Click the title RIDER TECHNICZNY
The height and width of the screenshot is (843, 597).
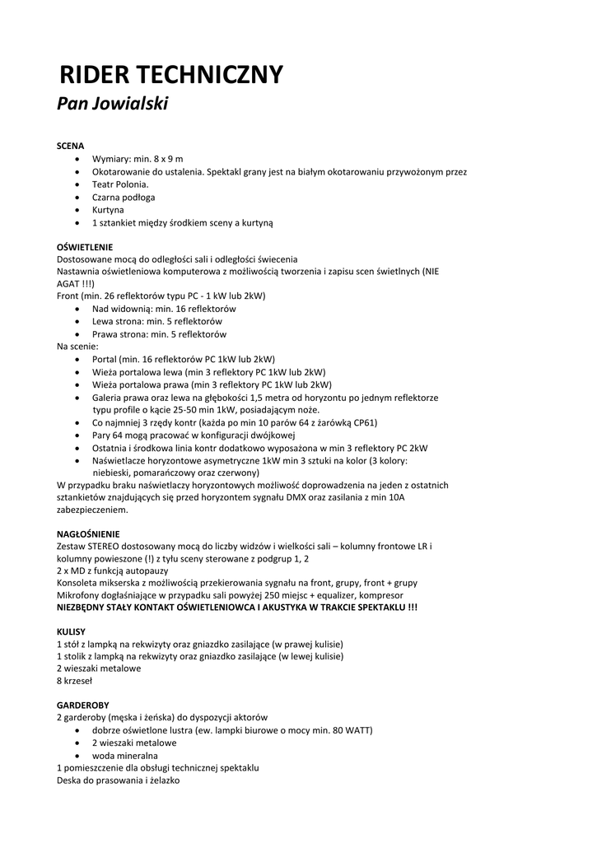171,75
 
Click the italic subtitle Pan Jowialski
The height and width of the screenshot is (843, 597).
112,104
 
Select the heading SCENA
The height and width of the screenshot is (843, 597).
71,146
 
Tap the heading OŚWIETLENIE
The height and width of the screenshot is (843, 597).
85,247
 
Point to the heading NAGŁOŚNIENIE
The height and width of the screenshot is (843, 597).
88,533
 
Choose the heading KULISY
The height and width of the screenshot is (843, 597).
71,631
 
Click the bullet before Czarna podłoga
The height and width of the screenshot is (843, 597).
77,198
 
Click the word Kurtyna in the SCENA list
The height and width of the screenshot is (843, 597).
108,210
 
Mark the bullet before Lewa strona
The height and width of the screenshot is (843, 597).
77,322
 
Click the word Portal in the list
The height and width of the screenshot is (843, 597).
104,360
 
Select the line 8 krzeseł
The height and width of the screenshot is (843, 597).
75,681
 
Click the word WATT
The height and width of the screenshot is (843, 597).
358,730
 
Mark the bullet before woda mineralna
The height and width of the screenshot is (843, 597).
77,756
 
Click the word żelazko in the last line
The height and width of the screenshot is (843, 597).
163,780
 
